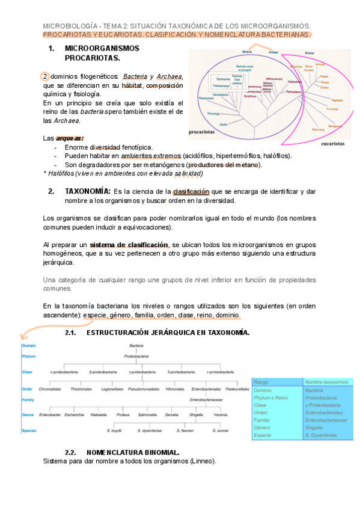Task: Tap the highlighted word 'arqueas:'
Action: coord(70,138)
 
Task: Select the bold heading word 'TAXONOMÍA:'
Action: coord(87,191)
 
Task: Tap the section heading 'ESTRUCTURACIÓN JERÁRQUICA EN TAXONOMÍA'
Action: coord(168,333)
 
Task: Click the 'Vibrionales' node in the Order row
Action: coord(175,389)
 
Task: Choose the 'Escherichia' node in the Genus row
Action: coord(75,415)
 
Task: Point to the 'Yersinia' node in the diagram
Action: coord(220,415)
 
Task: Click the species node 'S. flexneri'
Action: coord(185,431)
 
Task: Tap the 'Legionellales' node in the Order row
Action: coord(112,389)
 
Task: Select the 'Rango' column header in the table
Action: coord(261,382)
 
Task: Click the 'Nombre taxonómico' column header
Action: coord(326,382)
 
